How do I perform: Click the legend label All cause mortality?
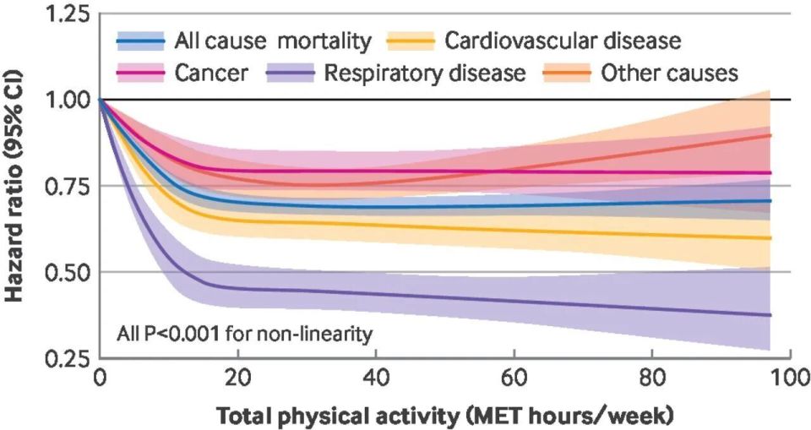(272, 40)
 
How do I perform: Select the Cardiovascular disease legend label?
(563, 40)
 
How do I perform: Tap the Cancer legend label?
(211, 73)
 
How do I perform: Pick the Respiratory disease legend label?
(424, 73)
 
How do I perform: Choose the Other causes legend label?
(669, 73)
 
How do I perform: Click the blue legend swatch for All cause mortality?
(140, 40)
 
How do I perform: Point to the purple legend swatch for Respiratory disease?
(290, 73)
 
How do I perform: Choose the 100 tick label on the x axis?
(789, 377)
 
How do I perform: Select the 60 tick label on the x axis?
(513, 377)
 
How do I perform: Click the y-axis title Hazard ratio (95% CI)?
(16, 187)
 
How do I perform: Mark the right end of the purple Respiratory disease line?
(770, 315)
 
